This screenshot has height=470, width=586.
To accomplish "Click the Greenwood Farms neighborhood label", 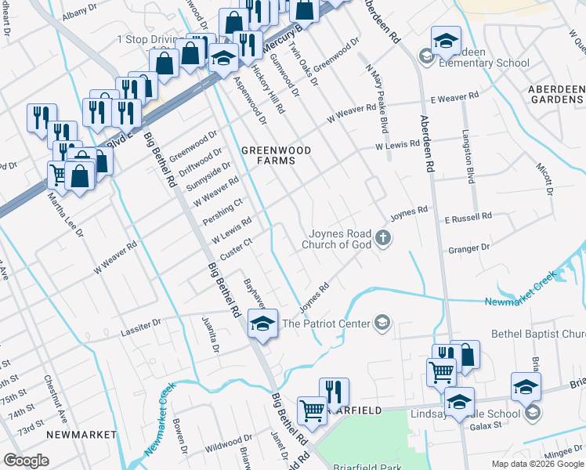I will click(265, 154).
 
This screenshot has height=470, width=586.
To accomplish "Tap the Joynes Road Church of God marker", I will click(382, 238).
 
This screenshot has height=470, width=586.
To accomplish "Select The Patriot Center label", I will click(326, 323).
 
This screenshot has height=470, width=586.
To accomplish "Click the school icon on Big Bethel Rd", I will click(263, 324).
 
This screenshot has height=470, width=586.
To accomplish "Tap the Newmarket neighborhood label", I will click(81, 434).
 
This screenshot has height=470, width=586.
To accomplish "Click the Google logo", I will click(26, 461).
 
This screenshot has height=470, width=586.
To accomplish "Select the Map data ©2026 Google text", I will click(537, 464).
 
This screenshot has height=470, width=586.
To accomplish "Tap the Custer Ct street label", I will click(235, 250).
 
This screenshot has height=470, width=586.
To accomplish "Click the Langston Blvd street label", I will click(470, 157).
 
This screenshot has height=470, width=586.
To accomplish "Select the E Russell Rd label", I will click(467, 215).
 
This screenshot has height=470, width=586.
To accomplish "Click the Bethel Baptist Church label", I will click(537, 334).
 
